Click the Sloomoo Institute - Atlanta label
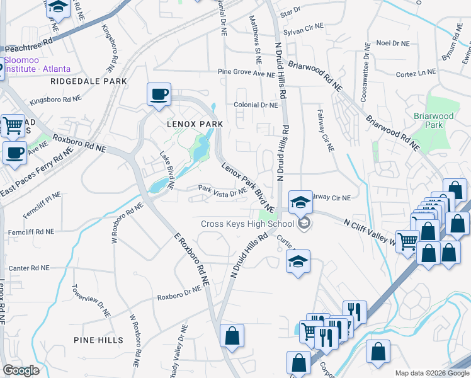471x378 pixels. tap(37, 64)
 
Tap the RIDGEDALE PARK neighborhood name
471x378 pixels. tap(89, 81)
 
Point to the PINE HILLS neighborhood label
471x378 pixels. tap(98, 340)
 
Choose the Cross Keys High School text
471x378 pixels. tap(247, 224)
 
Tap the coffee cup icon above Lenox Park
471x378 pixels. tap(159, 94)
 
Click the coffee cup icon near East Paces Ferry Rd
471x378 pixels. tap(14, 152)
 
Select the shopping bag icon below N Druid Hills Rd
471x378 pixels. tap(232, 335)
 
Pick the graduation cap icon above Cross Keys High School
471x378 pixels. tap(301, 202)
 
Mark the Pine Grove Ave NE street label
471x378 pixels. tap(246, 73)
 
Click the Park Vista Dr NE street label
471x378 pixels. tap(222, 190)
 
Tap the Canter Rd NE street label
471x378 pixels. tap(28, 268)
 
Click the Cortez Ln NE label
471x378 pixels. tap(416, 74)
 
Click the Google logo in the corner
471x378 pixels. tap(21, 370)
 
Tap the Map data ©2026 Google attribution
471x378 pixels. tap(431, 373)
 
